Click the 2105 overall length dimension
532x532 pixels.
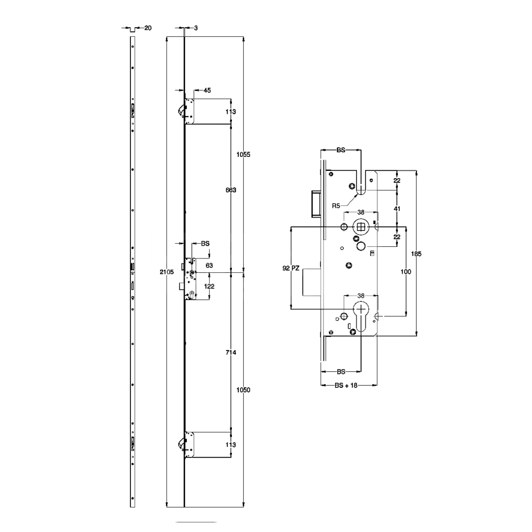[167, 272]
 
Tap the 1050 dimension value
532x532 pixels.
[243, 390]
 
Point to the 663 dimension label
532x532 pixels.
[230, 190]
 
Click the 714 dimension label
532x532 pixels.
[230, 353]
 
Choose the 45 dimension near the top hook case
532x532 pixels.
[207, 90]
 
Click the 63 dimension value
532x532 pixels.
[209, 264]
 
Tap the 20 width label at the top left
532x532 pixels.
[147, 28]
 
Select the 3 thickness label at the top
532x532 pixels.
[196, 28]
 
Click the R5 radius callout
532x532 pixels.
[336, 205]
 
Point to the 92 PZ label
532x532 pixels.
[293, 269]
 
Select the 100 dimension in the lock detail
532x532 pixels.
[406, 272]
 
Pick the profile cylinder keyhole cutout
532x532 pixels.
[361, 314]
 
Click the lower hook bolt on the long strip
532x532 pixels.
[181, 443]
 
